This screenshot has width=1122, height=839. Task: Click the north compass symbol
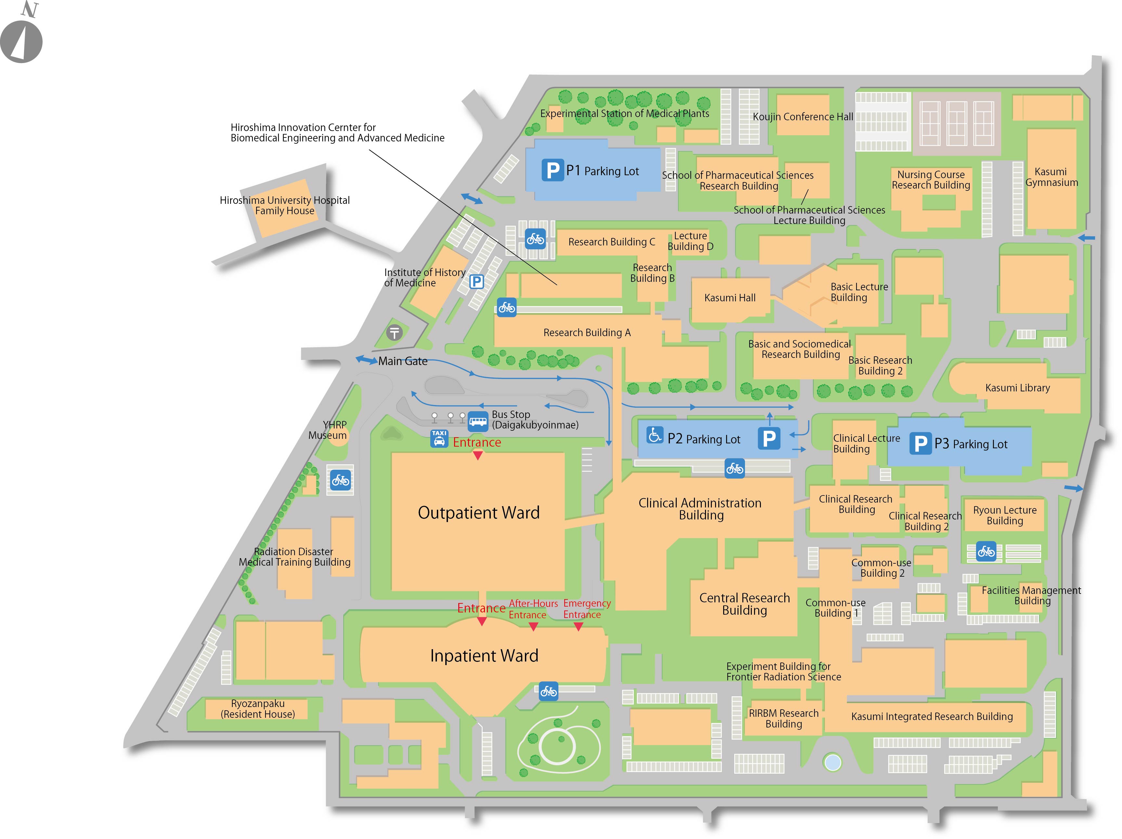coord(21,41)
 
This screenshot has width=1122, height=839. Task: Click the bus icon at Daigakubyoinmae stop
coord(478,421)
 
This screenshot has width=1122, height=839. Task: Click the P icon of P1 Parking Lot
coord(552,170)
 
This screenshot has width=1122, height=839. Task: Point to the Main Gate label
coord(403,361)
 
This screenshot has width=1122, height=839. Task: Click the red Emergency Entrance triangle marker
coord(578,627)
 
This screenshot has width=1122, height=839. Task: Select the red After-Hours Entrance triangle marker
coord(533,627)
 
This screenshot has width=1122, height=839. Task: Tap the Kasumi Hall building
coord(730,298)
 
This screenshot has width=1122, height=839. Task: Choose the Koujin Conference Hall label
coord(802,117)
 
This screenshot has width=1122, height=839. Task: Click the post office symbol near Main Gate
coord(395,333)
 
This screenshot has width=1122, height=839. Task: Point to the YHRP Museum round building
coord(338,437)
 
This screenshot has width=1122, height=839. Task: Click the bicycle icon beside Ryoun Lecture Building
coord(986,551)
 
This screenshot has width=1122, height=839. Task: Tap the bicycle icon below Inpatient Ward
coord(548,691)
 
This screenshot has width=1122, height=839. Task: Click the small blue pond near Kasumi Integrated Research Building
coord(833,762)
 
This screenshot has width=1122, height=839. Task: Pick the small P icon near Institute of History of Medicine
coord(476,282)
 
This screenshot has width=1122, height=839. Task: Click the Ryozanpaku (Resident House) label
coord(258,709)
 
